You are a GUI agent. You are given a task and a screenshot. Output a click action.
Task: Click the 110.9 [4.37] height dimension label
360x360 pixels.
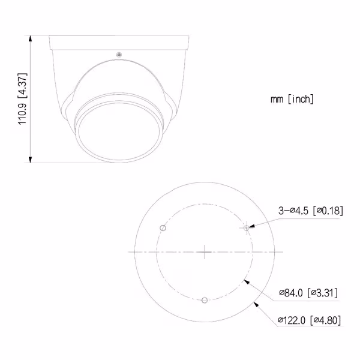pyautogui.click(x=23, y=99)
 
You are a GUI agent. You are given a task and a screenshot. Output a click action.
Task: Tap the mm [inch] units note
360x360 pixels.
pyautogui.click(x=292, y=99)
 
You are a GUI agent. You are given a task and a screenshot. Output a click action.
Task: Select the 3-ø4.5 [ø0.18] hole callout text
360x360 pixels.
pyautogui.click(x=311, y=211)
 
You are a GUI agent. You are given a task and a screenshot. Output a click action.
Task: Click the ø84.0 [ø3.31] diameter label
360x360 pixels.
pyautogui.click(x=308, y=293)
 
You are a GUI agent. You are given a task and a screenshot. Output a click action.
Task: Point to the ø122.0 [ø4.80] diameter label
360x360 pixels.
pyautogui.click(x=309, y=320)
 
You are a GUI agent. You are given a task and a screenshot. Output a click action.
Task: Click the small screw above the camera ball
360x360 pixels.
pyautogui.click(x=119, y=55)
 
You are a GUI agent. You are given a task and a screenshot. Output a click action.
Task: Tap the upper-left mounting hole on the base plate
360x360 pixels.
pyautogui.click(x=163, y=228)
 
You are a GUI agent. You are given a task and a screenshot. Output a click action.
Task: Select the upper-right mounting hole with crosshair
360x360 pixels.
pyautogui.click(x=246, y=228)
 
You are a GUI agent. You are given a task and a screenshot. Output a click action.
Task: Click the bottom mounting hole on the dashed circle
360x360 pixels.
pyautogui.click(x=205, y=300)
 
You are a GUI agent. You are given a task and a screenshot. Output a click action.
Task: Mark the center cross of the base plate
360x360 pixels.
pyautogui.click(x=205, y=252)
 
